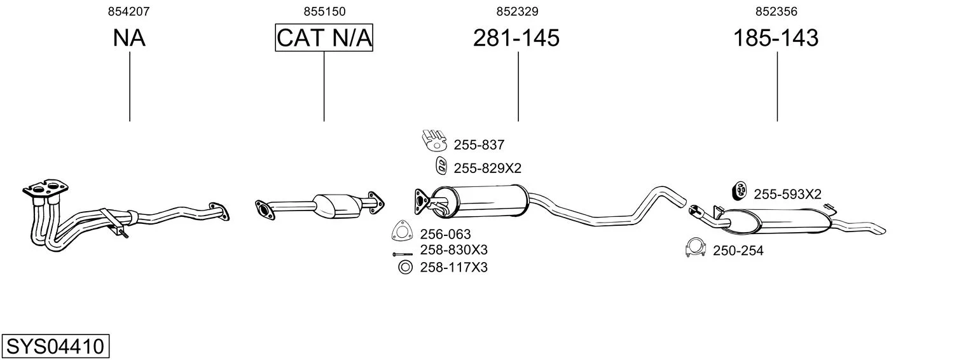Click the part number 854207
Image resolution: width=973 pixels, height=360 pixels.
point(128,11)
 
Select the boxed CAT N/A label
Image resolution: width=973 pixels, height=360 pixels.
point(324,38)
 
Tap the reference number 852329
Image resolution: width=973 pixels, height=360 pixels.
point(517,11)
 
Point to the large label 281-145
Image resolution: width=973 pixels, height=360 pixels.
point(516,38)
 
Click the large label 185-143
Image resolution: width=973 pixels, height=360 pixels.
point(776,38)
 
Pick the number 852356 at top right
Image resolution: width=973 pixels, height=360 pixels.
point(776,11)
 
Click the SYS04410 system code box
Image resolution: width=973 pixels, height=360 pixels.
point(55,346)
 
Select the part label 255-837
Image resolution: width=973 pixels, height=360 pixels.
point(479,144)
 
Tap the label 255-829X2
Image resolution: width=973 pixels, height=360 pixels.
point(487,168)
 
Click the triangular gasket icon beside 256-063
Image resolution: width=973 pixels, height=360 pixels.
point(402,231)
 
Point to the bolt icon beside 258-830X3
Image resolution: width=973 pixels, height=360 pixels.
point(402,254)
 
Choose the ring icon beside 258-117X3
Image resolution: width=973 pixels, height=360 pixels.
point(405,267)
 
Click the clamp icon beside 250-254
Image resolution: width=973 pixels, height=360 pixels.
point(695,247)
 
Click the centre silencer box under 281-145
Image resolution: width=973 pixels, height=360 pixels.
point(480,201)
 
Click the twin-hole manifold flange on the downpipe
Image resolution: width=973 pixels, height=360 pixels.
point(46,189)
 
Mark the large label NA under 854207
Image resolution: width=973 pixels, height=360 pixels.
point(129,38)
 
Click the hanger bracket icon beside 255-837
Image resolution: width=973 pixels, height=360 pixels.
point(434,140)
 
